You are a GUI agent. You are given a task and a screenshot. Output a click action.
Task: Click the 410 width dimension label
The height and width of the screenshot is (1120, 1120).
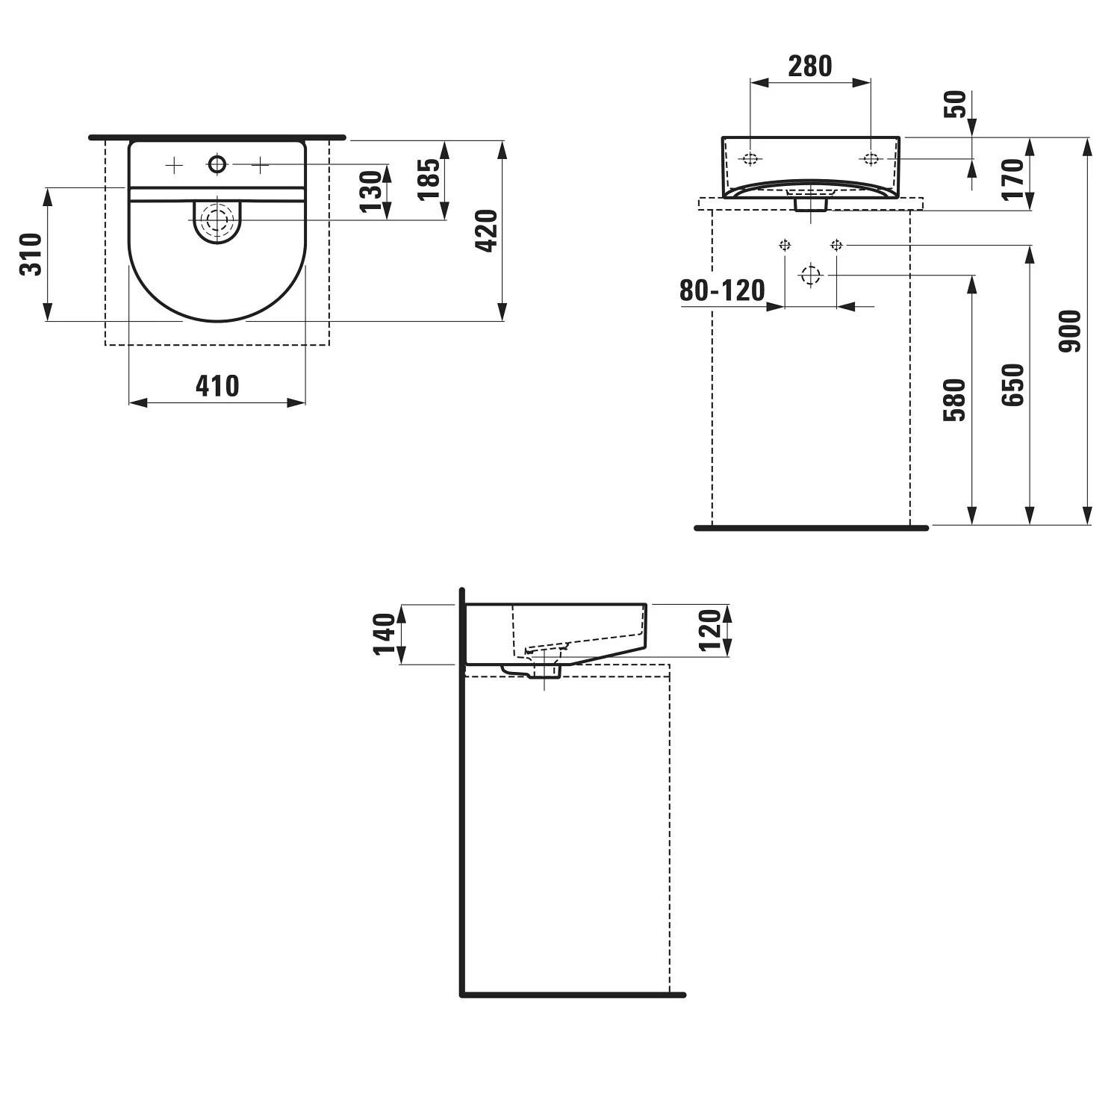click(x=217, y=386)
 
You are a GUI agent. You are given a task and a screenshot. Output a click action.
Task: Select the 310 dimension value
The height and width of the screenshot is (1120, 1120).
click(x=31, y=255)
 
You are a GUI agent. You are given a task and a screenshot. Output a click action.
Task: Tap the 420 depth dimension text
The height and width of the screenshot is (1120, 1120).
click(x=486, y=231)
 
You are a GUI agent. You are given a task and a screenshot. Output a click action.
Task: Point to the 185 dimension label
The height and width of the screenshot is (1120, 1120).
click(x=429, y=180)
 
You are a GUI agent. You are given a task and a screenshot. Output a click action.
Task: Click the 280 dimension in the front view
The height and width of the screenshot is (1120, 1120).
click(x=810, y=66)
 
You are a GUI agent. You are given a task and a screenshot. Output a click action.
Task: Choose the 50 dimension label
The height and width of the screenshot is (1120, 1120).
click(x=955, y=104)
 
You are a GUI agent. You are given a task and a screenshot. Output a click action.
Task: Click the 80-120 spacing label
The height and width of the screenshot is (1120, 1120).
click(x=722, y=290)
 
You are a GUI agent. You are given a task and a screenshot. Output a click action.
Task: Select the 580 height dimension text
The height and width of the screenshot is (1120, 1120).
click(x=954, y=400)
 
